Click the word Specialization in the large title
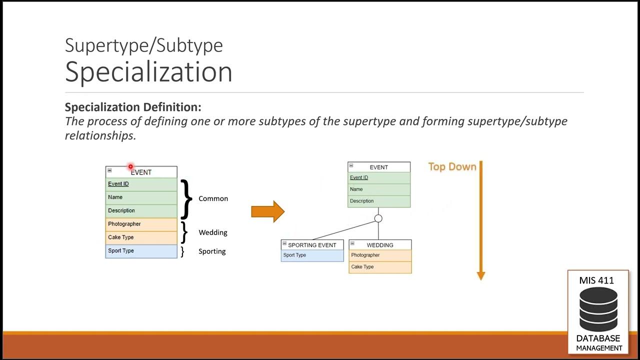(x=148, y=71)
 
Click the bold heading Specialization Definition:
(x=133, y=107)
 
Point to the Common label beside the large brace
(x=213, y=198)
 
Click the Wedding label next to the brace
(x=213, y=232)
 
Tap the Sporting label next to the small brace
(x=212, y=251)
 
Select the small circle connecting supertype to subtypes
(x=378, y=218)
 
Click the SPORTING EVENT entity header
(x=312, y=245)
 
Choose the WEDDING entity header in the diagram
(x=380, y=245)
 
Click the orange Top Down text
(x=452, y=167)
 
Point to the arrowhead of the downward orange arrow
(x=481, y=275)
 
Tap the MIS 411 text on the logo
(x=596, y=280)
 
